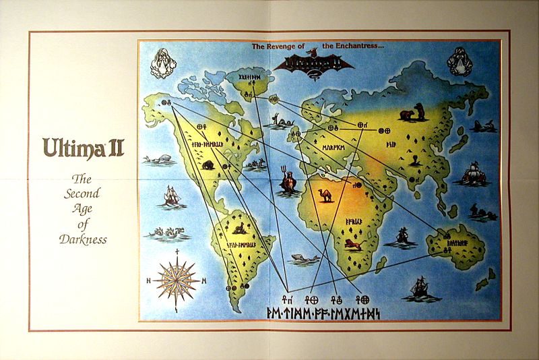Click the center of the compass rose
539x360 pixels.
point(177,280)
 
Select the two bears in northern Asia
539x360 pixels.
point(412,113)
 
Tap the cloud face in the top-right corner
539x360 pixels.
point(459,63)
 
